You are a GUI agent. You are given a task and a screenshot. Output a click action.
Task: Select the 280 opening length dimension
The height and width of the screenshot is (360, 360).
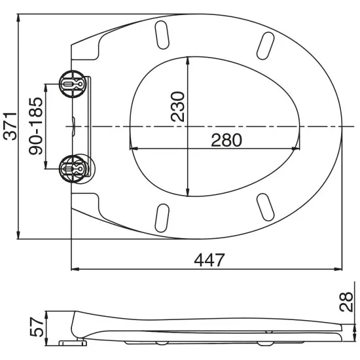(226, 139)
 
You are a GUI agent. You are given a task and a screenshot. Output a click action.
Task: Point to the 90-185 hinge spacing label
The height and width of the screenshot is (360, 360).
(35, 126)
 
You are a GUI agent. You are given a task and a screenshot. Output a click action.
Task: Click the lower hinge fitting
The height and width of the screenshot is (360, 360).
(73, 168)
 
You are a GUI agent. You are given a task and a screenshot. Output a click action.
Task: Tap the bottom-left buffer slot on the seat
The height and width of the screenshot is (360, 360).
(162, 216)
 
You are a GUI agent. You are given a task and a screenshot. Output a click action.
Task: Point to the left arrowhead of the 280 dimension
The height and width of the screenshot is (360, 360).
(133, 149)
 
